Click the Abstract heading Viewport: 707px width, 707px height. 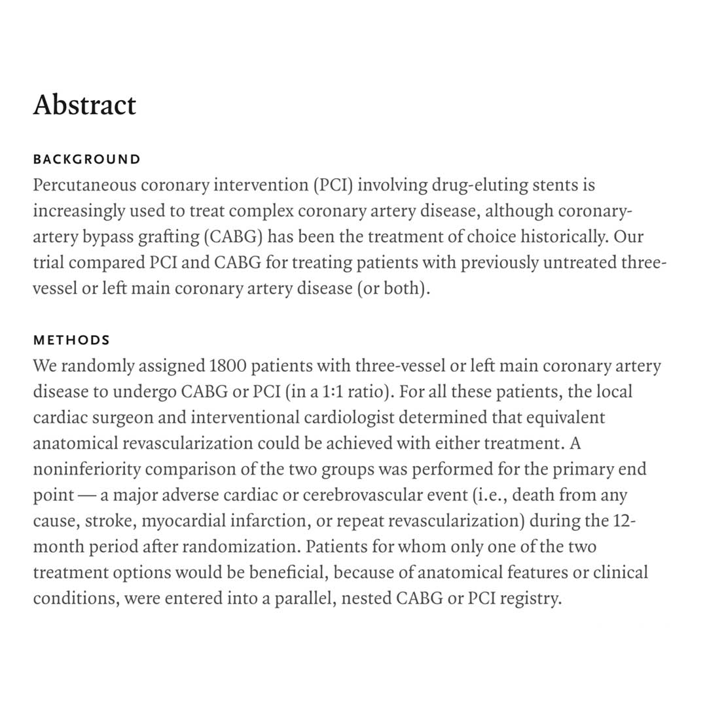tap(84, 105)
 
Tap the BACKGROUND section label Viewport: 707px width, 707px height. tap(86, 159)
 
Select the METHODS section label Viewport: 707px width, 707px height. tap(71, 340)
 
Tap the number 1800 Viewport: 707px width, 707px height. tap(228, 366)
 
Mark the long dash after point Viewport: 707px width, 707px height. tap(87, 496)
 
